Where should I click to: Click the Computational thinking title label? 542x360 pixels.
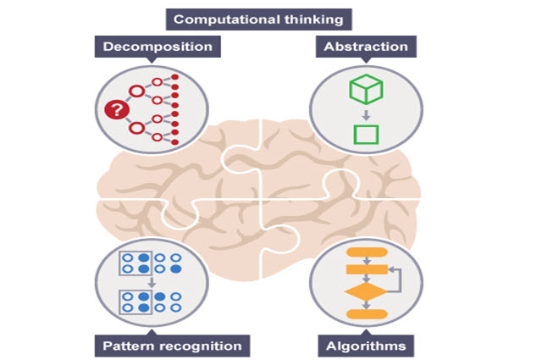(x=258, y=19)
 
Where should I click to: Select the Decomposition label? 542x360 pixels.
(x=158, y=46)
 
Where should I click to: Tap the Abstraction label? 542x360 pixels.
(x=366, y=46)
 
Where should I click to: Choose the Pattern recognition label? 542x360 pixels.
(x=171, y=345)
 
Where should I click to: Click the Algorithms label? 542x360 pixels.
(x=365, y=345)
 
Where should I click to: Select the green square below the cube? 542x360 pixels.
(x=365, y=135)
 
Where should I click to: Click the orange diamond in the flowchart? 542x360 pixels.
(x=365, y=292)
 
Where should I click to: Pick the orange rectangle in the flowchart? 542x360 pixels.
(x=366, y=269)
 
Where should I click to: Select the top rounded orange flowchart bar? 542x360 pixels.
(x=366, y=252)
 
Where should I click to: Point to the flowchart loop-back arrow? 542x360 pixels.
(x=397, y=280)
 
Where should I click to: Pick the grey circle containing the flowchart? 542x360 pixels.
(x=365, y=283)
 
